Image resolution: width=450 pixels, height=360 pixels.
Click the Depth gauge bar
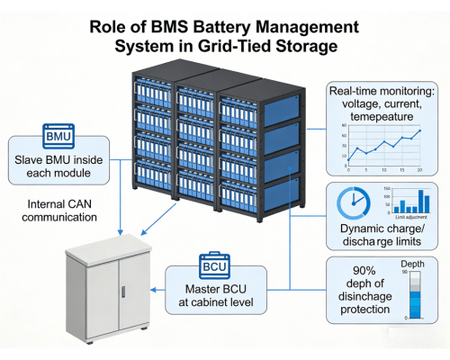[x=414, y=294]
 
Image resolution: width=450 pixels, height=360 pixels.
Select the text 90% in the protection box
[x=346, y=269]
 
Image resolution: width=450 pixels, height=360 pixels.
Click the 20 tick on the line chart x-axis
[x=419, y=170]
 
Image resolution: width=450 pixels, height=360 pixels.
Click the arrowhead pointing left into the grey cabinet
[x=155, y=290]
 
